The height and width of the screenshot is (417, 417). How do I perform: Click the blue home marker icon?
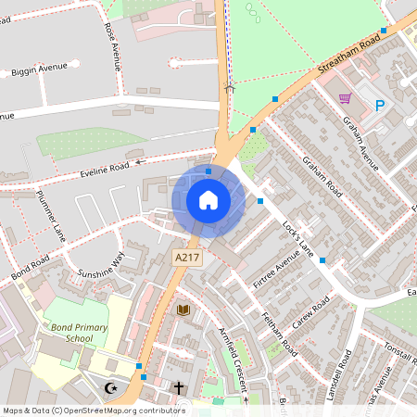[x=208, y=200]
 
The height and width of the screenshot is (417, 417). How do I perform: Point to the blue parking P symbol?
[x=380, y=105]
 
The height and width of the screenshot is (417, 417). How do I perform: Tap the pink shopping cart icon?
[x=345, y=98]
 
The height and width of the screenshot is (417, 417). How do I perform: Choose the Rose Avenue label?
[x=113, y=47]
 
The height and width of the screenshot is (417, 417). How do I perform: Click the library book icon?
[x=183, y=309]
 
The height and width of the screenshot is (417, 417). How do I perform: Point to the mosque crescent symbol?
[x=113, y=386]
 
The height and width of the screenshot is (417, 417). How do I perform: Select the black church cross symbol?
[x=179, y=387]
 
